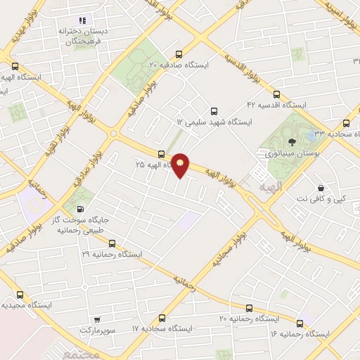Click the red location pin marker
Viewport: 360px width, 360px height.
coord(181,165)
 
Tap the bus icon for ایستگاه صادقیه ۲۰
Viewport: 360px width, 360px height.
coord(179,53)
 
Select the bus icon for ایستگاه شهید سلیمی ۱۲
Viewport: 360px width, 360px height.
coord(214,110)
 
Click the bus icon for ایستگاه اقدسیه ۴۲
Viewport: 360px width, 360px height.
coord(276,94)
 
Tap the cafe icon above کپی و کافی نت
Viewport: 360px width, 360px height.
coord(321,188)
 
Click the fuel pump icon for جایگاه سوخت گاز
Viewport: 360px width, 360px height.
coord(79,208)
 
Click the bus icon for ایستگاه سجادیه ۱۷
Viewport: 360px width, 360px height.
coord(162,318)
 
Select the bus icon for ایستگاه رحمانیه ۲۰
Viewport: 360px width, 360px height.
coord(248,308)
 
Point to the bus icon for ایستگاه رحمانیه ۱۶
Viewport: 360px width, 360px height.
coord(300,323)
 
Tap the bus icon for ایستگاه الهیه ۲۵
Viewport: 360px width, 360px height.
coord(162,154)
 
